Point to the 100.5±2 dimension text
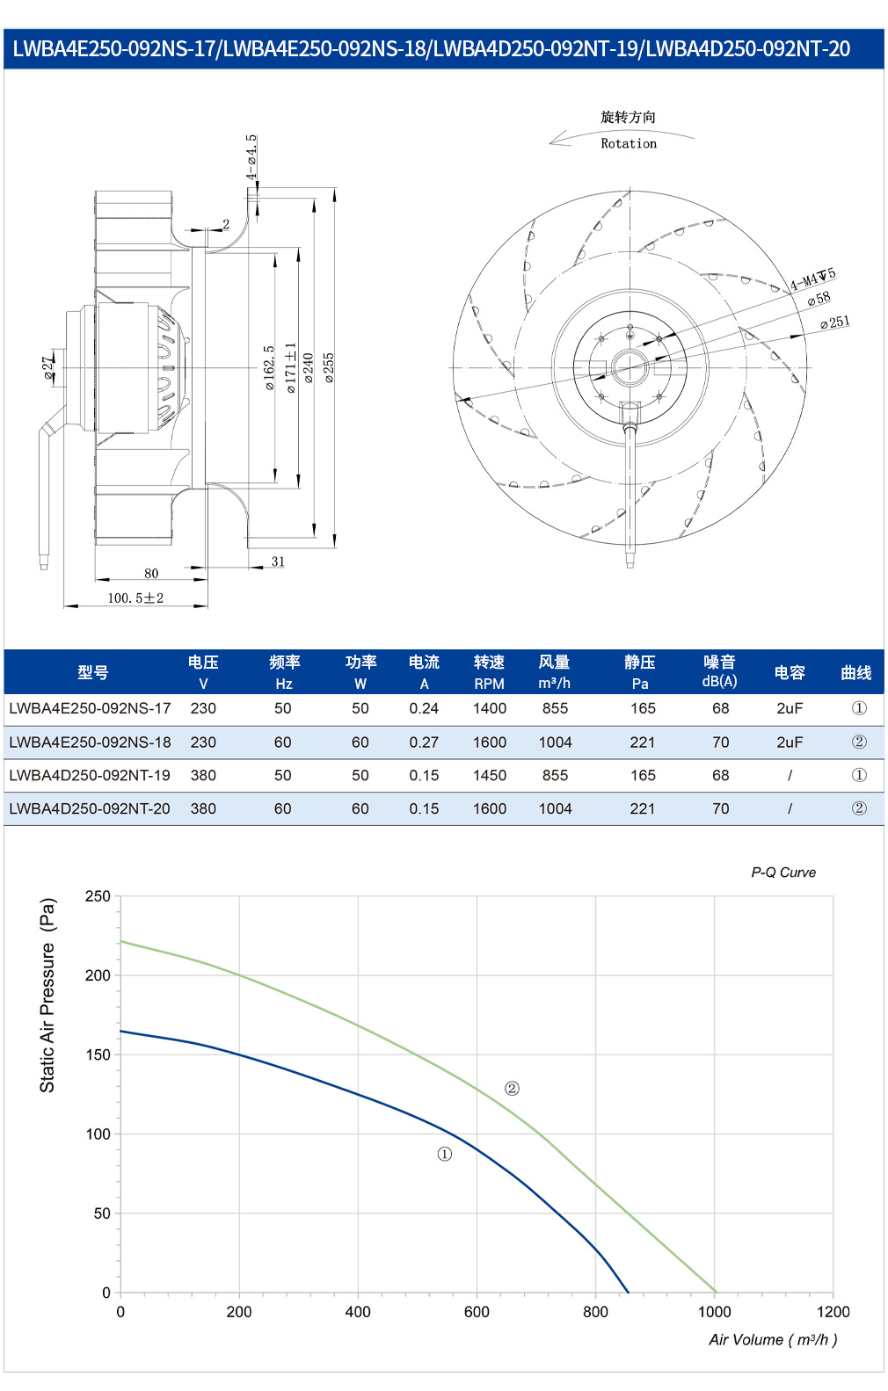pyautogui.click(x=135, y=598)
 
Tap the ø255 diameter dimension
pyautogui.click(x=329, y=367)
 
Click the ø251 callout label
pyautogui.click(x=834, y=322)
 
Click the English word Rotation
pyautogui.click(x=629, y=143)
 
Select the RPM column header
pyautogui.click(x=489, y=684)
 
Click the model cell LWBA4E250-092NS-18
pyautogui.click(x=90, y=743)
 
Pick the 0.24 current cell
pyautogui.click(x=424, y=708)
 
